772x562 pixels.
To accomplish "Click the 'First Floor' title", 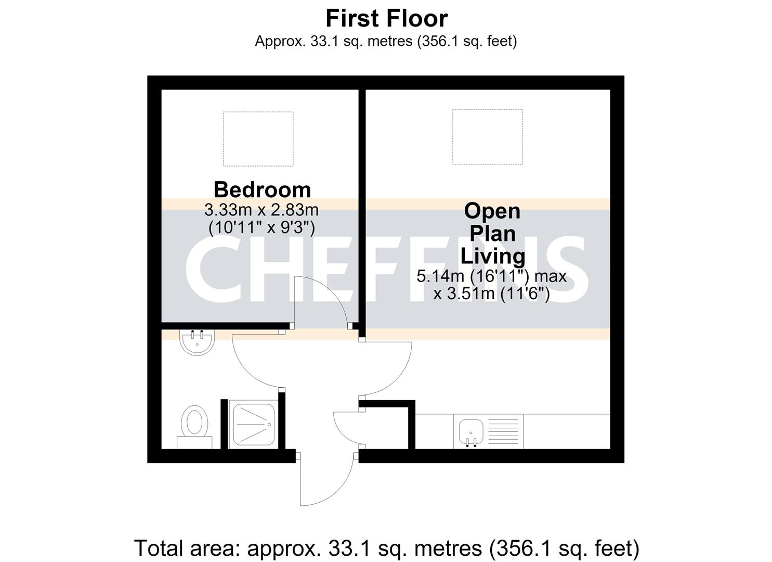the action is click(387, 18).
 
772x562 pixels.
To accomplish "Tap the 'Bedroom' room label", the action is click(263, 190).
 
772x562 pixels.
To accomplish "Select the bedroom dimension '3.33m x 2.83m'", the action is click(261, 210).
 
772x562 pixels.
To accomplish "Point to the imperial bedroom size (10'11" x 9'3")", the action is click(262, 228).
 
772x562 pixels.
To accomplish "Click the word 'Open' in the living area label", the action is click(492, 212).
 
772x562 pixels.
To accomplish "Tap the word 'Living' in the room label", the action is click(493, 257).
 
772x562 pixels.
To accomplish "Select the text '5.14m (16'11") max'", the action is click(491, 276).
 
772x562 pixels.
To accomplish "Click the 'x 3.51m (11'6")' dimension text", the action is click(491, 294).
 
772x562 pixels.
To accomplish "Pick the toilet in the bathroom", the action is click(194, 427).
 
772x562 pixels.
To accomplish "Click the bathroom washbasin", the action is click(197, 342).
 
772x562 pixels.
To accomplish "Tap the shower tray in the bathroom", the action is click(254, 424).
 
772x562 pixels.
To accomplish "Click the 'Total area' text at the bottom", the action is click(386, 548).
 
